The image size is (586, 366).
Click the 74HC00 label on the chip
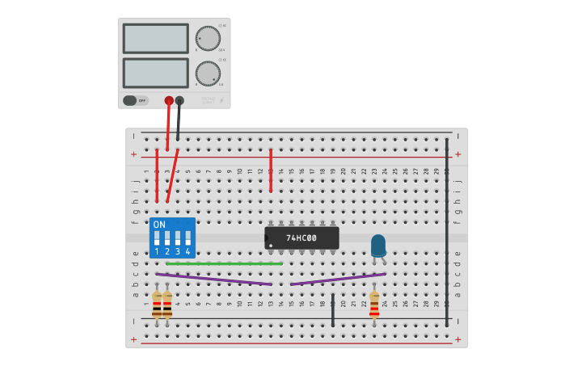coord(301,238)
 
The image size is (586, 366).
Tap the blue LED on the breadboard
coord(378,245)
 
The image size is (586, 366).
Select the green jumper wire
coord(224,263)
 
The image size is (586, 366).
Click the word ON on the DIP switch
coord(159,225)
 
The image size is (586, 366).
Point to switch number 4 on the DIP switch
coord(188,238)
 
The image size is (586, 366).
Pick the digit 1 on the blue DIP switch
coord(157,252)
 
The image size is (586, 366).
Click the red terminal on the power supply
coord(169,101)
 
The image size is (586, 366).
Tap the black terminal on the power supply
coord(179,101)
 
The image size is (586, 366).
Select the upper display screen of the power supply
coord(155,38)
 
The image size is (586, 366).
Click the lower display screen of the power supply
coord(155,73)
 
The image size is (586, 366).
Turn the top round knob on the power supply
coord(208,38)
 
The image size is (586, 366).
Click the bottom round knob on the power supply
coord(208,74)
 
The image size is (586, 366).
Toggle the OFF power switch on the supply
coord(130,101)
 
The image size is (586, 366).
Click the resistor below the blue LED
coord(374,305)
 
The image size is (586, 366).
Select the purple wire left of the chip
coord(214,279)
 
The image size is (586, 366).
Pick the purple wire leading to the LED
coord(338,279)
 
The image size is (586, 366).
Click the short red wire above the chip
coord(271,170)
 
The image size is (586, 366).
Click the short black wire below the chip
coord(332,310)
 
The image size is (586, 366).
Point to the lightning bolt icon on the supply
coord(221,101)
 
